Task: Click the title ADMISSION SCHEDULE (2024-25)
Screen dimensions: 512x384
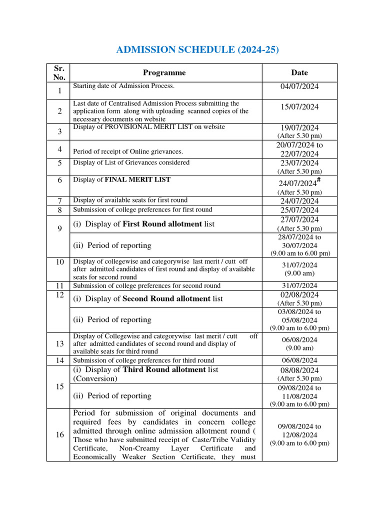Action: click(x=197, y=50)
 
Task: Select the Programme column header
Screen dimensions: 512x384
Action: click(x=164, y=72)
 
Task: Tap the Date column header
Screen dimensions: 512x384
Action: click(x=299, y=72)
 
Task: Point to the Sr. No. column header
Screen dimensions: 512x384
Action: click(x=59, y=72)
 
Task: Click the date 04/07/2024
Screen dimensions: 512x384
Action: click(x=299, y=86)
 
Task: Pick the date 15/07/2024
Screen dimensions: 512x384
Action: click(x=299, y=106)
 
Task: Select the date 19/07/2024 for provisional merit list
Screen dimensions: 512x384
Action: click(x=299, y=127)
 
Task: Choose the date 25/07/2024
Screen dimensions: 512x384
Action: click(x=299, y=210)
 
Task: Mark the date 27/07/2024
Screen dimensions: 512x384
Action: click(x=299, y=219)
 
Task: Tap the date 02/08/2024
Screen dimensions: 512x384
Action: click(x=299, y=294)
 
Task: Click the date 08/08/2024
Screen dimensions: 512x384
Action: click(x=299, y=370)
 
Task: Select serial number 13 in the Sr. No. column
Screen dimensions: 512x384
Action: click(x=59, y=344)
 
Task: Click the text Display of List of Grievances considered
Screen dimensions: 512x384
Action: click(x=131, y=162)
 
